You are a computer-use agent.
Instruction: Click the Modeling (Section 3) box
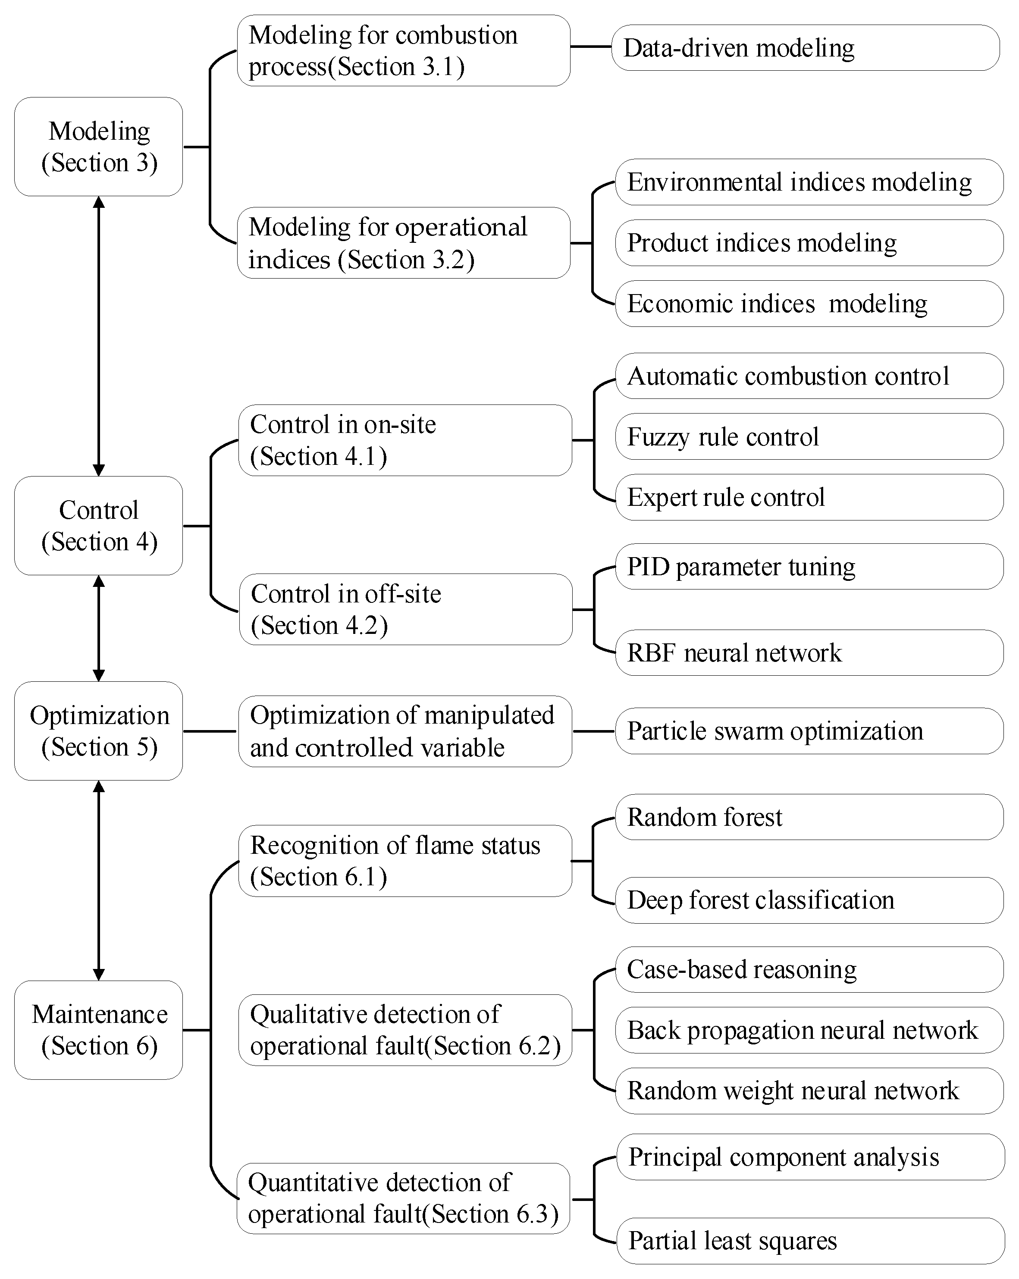(98, 147)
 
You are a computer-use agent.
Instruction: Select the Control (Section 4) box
(98, 526)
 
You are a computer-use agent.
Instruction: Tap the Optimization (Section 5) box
(98, 731)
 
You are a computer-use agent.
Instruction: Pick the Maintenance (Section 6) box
(98, 1030)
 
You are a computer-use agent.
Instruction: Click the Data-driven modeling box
(805, 48)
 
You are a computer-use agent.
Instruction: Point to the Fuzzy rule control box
(809, 437)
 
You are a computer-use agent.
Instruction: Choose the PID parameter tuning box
(809, 567)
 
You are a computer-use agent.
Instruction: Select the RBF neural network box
(809, 652)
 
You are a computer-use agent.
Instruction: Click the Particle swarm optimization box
(809, 731)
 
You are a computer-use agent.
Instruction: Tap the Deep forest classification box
(809, 900)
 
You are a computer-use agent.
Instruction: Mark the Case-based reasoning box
(809, 969)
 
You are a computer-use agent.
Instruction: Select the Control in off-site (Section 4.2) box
(406, 609)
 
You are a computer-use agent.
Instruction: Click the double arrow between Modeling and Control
(99, 336)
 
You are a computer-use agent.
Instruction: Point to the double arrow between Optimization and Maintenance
(99, 881)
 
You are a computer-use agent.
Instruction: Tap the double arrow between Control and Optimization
(99, 628)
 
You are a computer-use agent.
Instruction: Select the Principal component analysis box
(810, 1157)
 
